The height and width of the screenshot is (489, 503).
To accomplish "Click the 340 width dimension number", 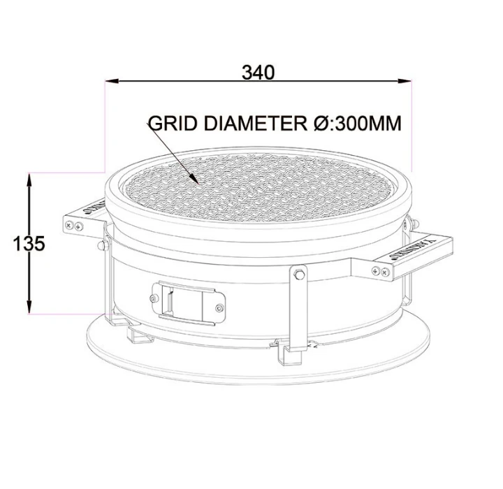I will click(258, 71).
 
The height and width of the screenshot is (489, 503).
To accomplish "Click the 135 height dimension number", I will click(29, 244).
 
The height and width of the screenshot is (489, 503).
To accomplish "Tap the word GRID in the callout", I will click(173, 124).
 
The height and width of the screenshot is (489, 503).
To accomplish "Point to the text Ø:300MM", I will click(356, 124).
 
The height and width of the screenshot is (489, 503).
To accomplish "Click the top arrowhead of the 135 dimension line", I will click(29, 177).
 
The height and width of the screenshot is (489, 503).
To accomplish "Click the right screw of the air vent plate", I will click(219, 308).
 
